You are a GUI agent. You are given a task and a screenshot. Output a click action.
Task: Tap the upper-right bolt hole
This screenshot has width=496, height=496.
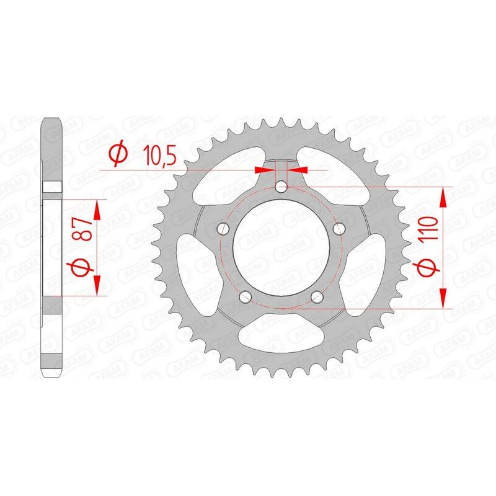click(339, 229)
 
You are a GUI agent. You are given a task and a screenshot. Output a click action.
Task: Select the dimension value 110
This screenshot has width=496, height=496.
click(432, 230)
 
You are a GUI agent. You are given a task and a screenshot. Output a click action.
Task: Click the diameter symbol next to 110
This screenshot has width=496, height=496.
click(432, 268)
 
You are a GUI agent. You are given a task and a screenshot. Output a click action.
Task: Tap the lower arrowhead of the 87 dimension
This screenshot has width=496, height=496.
click(97, 286)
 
